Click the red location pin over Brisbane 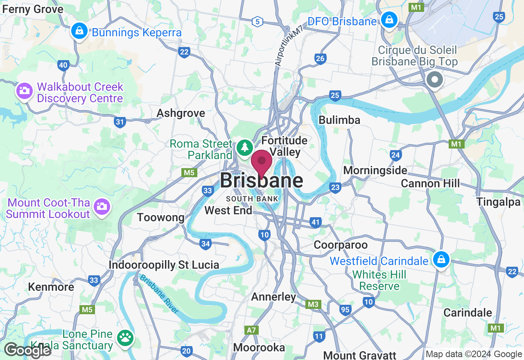261,162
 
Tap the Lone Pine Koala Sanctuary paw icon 125,337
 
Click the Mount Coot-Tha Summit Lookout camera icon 101,206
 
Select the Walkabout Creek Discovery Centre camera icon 24,90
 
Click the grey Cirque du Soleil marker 434,79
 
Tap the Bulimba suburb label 339,120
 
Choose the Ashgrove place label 181,113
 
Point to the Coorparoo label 341,245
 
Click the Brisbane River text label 159,294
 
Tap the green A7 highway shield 251,330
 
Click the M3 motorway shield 313,304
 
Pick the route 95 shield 345,310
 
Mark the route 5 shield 257,22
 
